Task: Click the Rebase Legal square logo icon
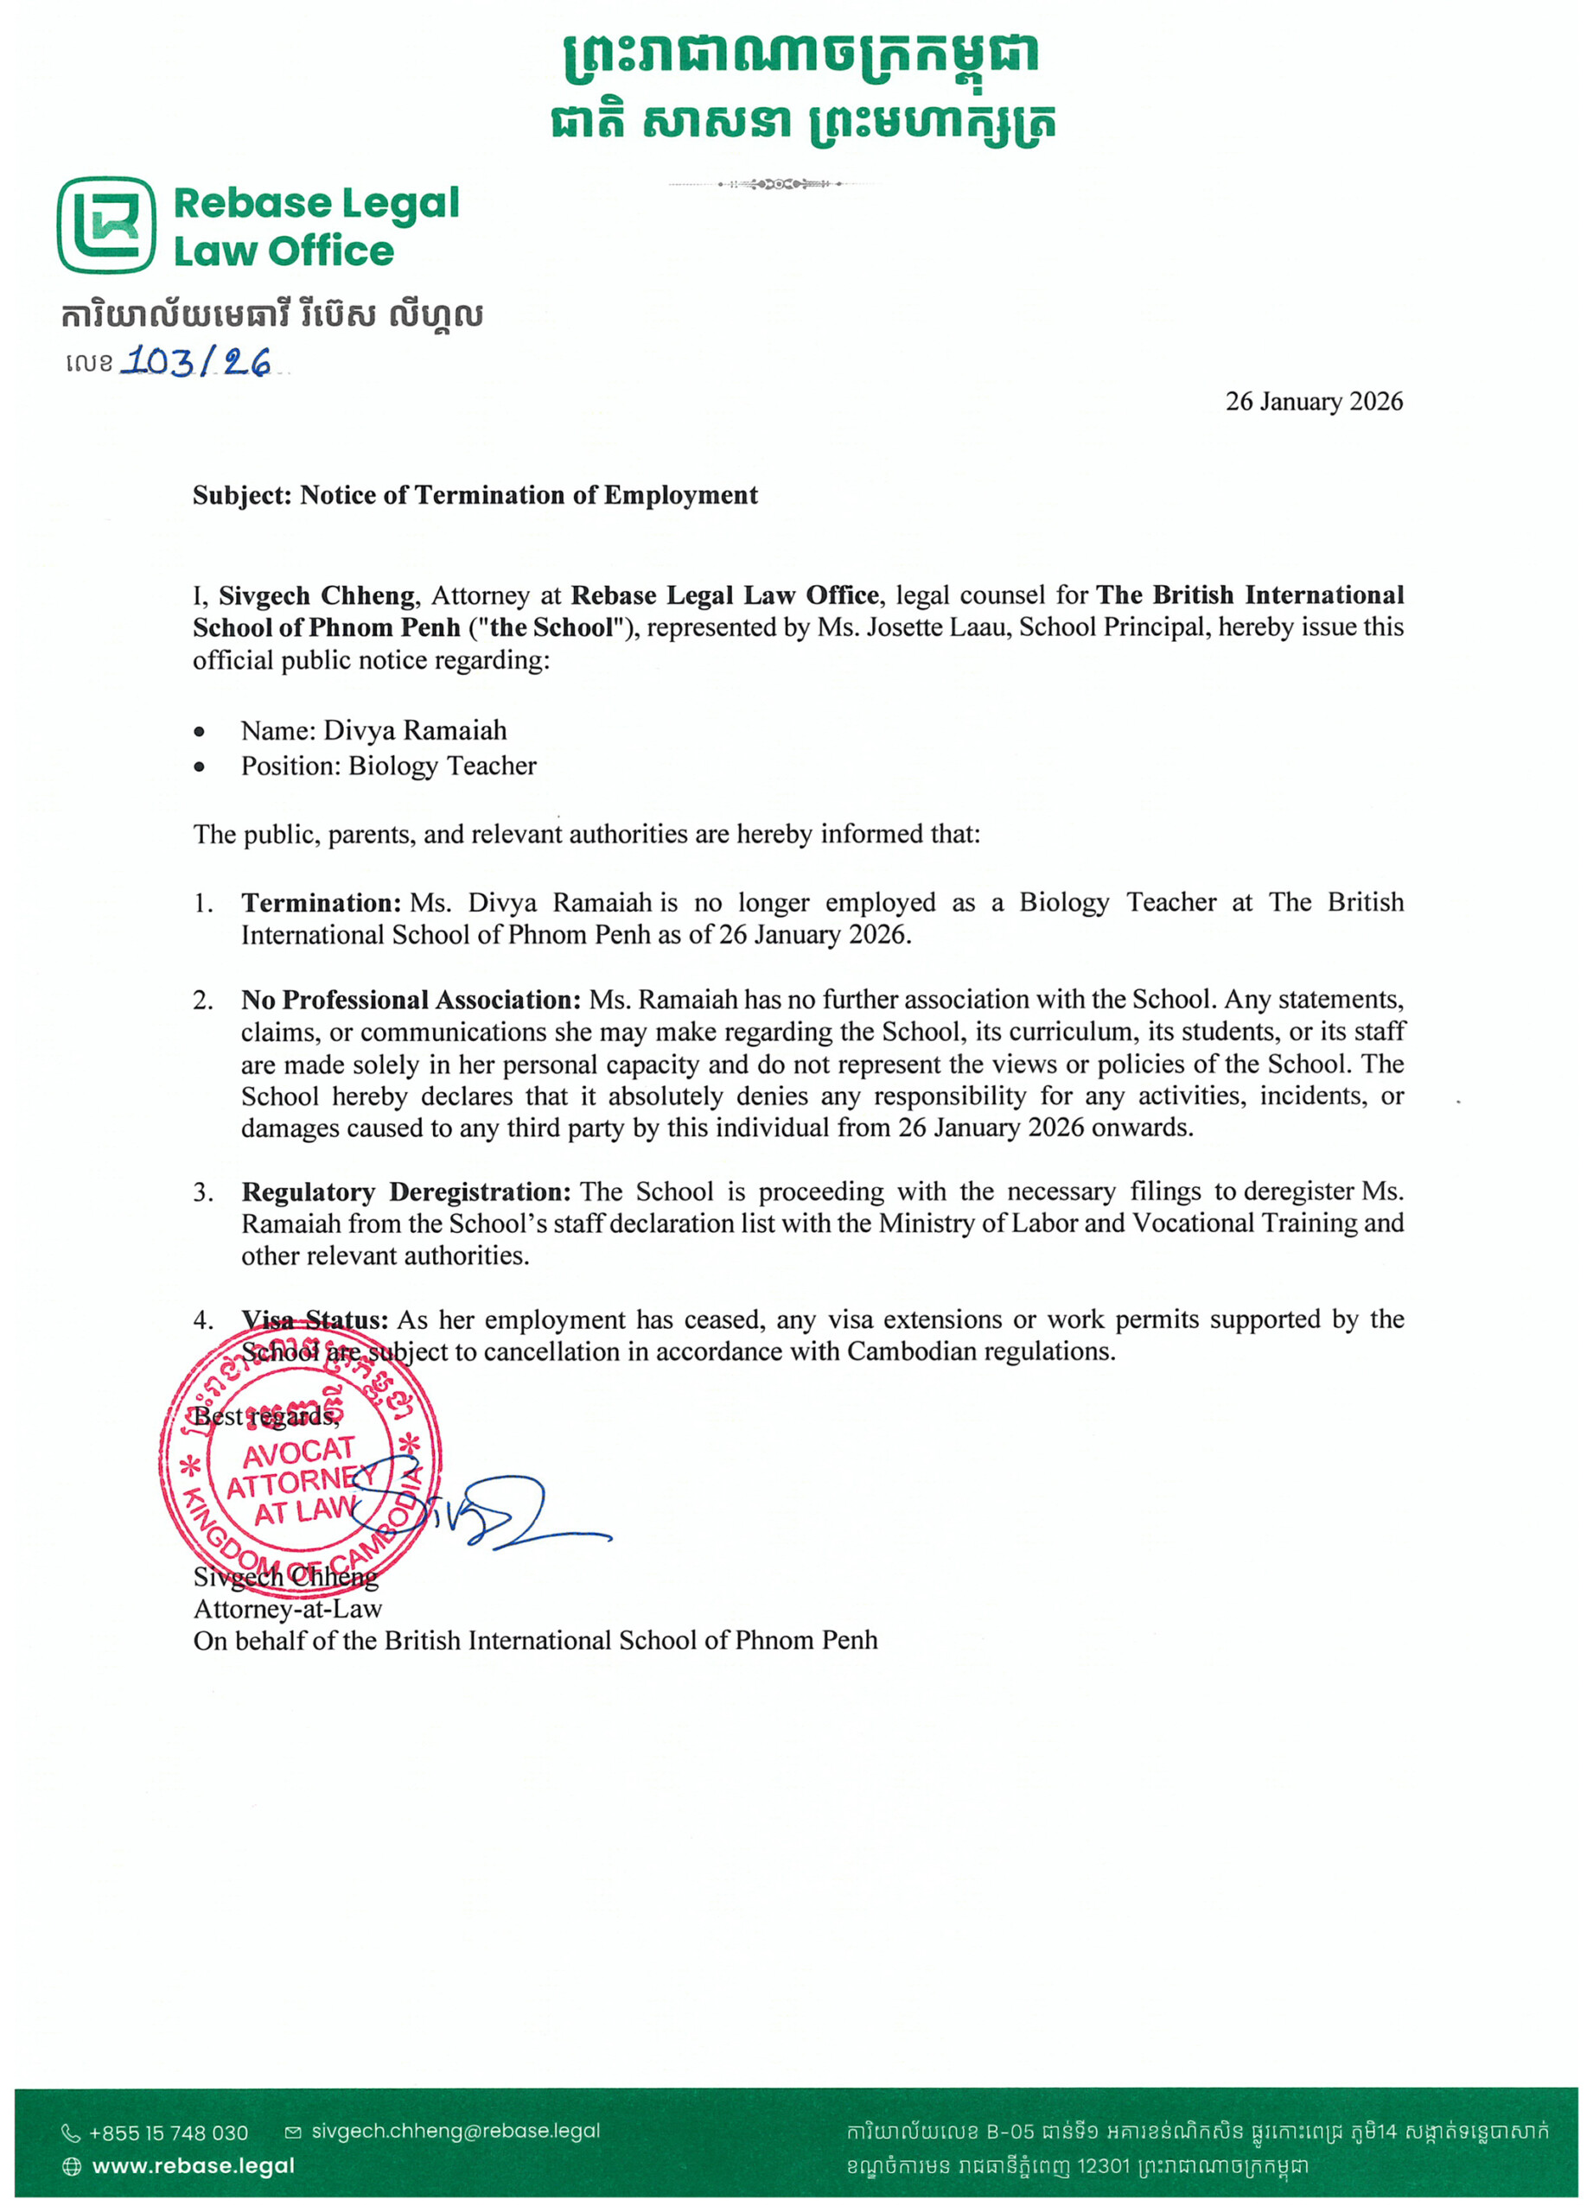tap(105, 226)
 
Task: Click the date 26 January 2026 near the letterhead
tap(1313, 402)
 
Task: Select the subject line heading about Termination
tap(475, 495)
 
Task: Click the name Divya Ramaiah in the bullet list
tap(416, 730)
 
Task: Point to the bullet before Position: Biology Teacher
tap(200, 767)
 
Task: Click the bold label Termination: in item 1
tap(321, 903)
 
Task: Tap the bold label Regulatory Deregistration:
tap(405, 1192)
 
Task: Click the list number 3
tap(202, 1192)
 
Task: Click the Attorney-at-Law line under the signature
tap(288, 1608)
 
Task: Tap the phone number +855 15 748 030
tap(168, 2133)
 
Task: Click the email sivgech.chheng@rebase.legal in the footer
tap(456, 2131)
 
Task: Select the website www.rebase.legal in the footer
tap(193, 2166)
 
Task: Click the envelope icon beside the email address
tap(293, 2133)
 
